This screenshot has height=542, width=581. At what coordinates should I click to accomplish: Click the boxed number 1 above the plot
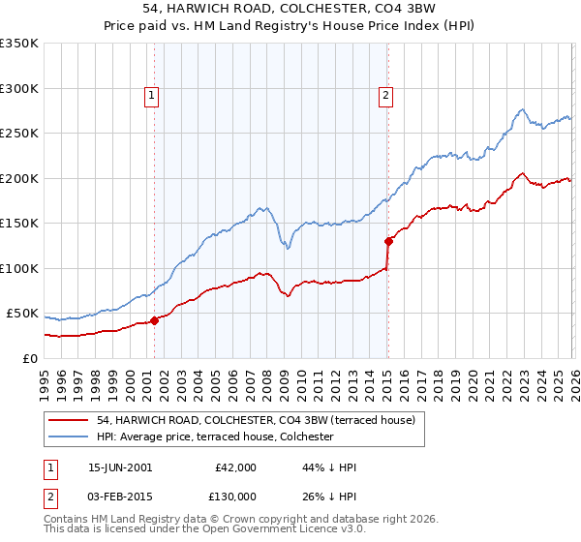click(153, 95)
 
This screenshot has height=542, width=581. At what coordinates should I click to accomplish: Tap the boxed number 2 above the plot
click(386, 95)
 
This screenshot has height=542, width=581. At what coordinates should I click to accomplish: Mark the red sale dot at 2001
click(154, 320)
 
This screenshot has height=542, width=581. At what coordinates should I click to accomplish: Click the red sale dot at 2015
click(387, 241)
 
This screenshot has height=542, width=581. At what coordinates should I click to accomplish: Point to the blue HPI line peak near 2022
click(521, 109)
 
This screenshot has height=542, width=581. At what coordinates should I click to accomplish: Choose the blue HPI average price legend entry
click(214, 437)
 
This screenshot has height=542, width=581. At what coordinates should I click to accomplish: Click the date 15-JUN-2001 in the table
click(120, 467)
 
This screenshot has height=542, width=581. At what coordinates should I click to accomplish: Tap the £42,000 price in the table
click(234, 467)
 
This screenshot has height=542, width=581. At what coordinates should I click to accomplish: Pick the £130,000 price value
click(234, 497)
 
